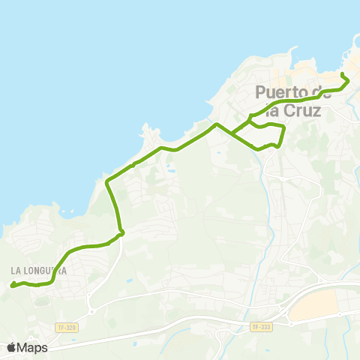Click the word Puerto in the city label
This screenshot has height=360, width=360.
[x=283, y=92]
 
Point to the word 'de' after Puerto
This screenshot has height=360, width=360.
[x=323, y=92]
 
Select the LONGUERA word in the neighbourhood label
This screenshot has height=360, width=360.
[x=46, y=270]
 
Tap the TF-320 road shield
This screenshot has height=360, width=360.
[x=66, y=328]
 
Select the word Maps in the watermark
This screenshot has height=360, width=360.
[x=32, y=347]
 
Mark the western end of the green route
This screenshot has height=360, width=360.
[x=12, y=284]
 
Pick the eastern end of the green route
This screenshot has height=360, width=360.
[x=343, y=76]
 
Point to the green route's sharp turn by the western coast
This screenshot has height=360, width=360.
[x=109, y=181]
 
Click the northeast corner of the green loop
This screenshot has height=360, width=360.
[x=284, y=128]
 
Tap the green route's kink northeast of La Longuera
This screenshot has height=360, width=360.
[x=121, y=233]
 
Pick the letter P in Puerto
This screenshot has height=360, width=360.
[x=261, y=92]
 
